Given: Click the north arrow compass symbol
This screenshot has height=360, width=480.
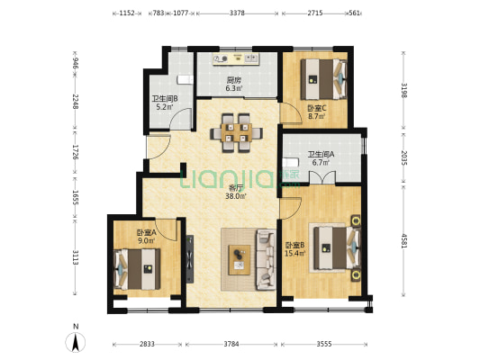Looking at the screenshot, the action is click(x=76, y=342).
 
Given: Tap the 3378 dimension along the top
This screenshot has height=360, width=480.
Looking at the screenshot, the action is click(x=237, y=13).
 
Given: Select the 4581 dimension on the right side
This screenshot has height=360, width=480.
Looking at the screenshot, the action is click(x=404, y=240).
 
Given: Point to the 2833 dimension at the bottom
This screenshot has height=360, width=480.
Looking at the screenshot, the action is click(x=147, y=344).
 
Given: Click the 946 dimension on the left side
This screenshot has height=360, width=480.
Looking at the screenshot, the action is click(x=76, y=63).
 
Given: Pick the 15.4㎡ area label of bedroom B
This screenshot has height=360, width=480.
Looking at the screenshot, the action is click(x=294, y=253).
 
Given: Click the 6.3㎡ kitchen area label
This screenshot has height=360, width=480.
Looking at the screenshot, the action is click(x=234, y=89).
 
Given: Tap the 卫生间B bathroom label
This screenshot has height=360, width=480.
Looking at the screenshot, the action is click(x=165, y=99).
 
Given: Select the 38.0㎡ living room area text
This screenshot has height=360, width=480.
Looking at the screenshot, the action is click(x=236, y=196).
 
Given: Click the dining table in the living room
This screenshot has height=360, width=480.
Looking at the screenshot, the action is click(x=236, y=132).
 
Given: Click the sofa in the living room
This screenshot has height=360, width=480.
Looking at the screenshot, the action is click(x=266, y=260).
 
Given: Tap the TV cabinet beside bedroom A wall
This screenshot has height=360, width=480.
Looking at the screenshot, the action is click(x=190, y=259).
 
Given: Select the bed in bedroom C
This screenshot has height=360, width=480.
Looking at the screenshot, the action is click(x=323, y=79).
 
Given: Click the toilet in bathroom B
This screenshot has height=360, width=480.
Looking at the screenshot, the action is click(x=186, y=79).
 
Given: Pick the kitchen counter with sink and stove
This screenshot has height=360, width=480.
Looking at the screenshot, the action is click(x=236, y=58).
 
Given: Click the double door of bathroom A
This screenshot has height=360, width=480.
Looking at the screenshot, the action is click(x=322, y=177).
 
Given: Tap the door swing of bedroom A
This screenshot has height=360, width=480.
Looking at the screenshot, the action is click(x=166, y=229).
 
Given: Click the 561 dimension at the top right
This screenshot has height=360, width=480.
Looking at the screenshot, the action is click(x=354, y=13).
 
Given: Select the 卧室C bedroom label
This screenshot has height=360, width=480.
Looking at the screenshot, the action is click(x=317, y=108).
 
